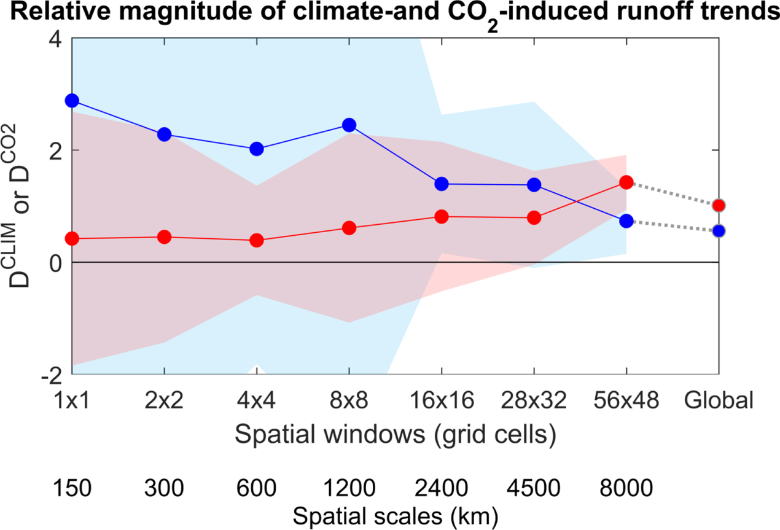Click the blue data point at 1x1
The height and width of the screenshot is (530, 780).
pyautogui.click(x=72, y=100)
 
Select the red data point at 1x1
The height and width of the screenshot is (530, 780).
pyautogui.click(x=72, y=238)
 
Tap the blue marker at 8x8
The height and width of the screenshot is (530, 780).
pyautogui.click(x=349, y=125)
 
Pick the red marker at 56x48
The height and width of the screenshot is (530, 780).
pyautogui.click(x=626, y=182)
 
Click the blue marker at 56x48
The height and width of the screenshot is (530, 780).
pyautogui.click(x=626, y=221)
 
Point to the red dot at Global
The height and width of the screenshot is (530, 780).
pyautogui.click(x=719, y=205)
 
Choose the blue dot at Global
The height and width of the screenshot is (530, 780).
pyautogui.click(x=719, y=231)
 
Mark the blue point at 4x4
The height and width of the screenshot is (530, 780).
pyautogui.click(x=257, y=149)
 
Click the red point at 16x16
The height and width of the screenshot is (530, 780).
pyautogui.click(x=442, y=216)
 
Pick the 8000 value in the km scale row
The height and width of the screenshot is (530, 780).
pyautogui.click(x=626, y=489)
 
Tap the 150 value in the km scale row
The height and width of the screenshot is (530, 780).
pyautogui.click(x=72, y=489)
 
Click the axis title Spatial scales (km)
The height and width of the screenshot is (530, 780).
pyautogui.click(x=396, y=516)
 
